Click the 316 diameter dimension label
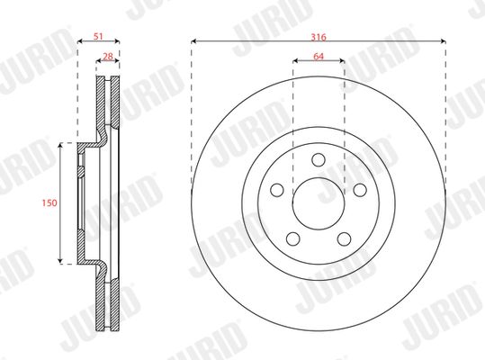pos(319,37)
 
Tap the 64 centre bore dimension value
pos(319,57)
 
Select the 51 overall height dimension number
pos(98,37)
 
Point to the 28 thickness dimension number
pos(108,57)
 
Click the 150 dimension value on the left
pos(49,202)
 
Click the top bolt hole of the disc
pos(319,159)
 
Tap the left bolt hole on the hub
pos(277,190)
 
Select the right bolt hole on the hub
pos(360,190)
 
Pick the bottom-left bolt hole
pos(293,239)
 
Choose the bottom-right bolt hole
pos(345,239)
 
